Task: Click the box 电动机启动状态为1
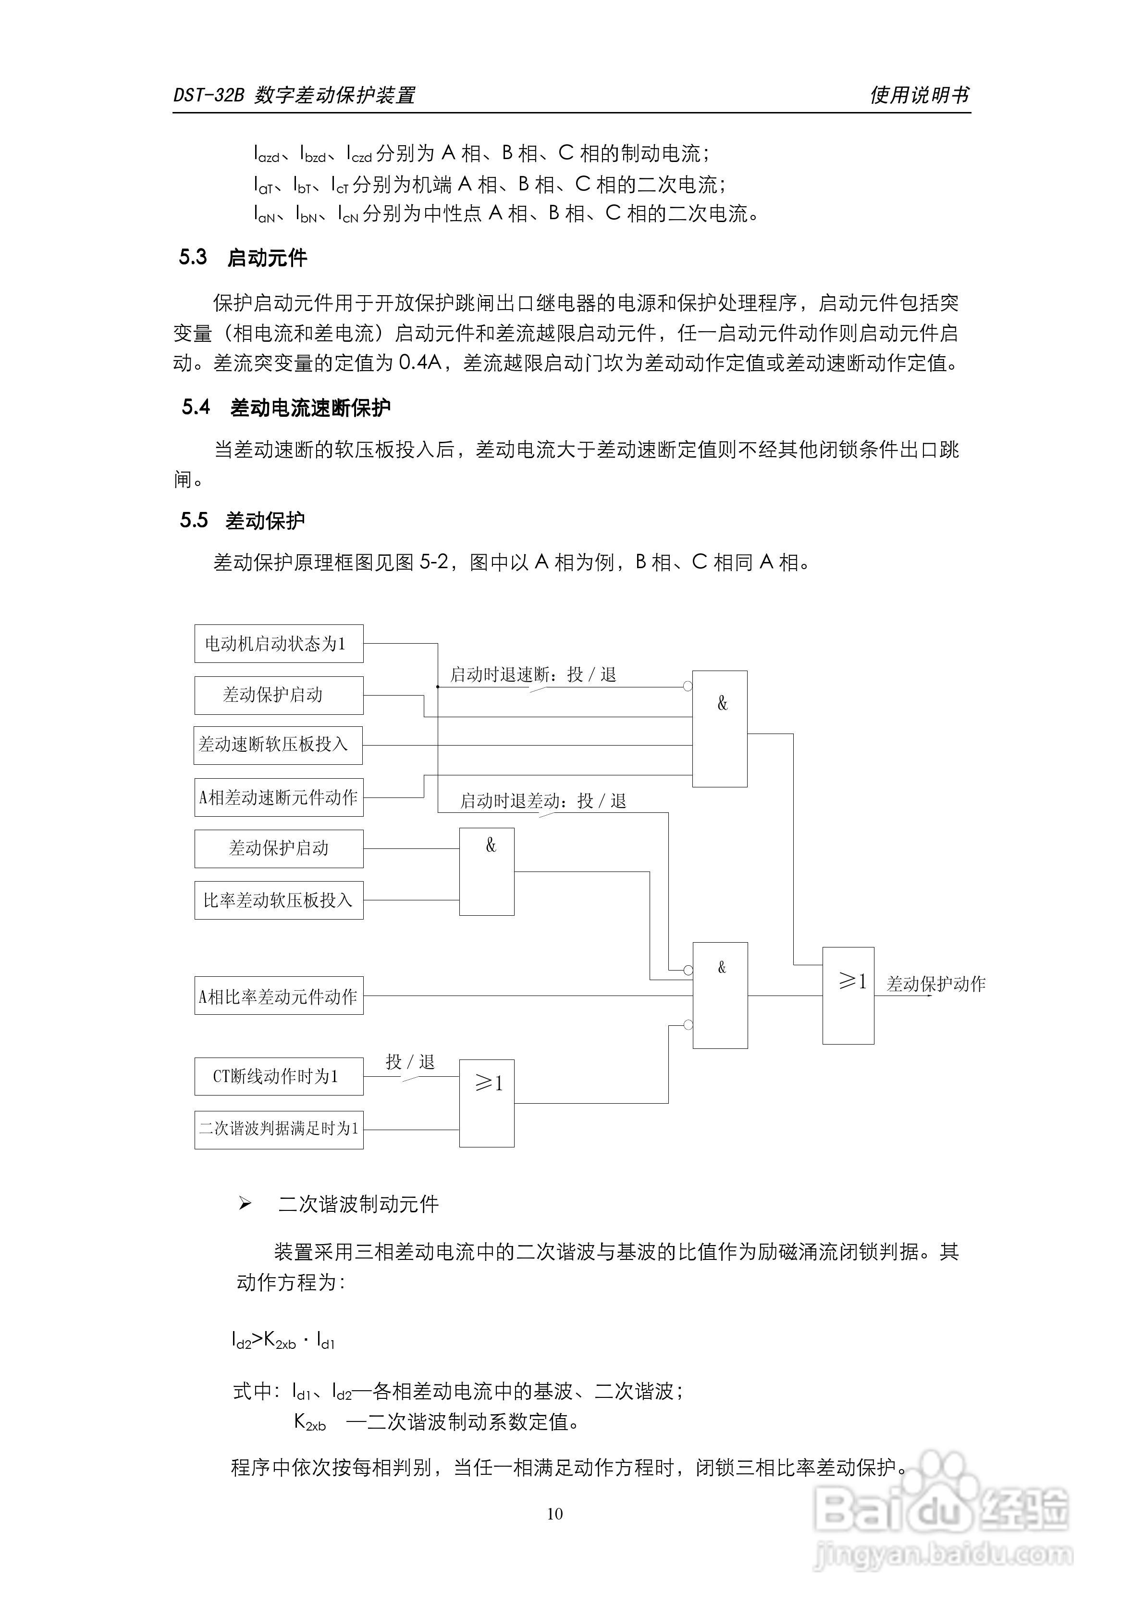pyautogui.click(x=279, y=643)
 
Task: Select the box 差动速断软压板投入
pyautogui.click(x=278, y=746)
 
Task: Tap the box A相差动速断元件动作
pyautogui.click(x=279, y=797)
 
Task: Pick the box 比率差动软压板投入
pyautogui.click(x=279, y=900)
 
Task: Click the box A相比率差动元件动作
pyautogui.click(x=279, y=996)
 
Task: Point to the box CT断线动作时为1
pyautogui.click(x=279, y=1076)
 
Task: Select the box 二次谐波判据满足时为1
pyautogui.click(x=279, y=1130)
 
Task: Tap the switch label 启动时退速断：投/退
pyautogui.click(x=534, y=675)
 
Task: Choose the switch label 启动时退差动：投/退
pyautogui.click(x=543, y=801)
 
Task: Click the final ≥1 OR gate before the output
pyautogui.click(x=849, y=996)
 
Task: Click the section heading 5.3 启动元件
pyautogui.click(x=243, y=257)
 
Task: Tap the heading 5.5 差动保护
pyautogui.click(x=243, y=521)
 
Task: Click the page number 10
pyautogui.click(x=555, y=1514)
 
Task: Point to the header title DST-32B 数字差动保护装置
pyautogui.click(x=294, y=95)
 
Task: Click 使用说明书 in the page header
pyautogui.click(x=920, y=95)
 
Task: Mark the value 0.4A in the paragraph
pyautogui.click(x=420, y=363)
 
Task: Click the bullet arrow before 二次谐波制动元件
pyautogui.click(x=245, y=1204)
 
